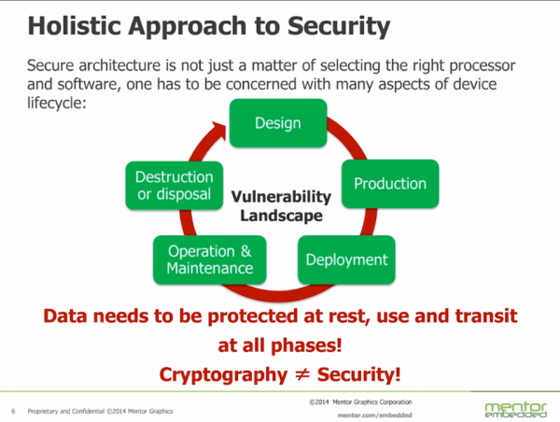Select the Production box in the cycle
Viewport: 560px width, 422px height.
pos(389,184)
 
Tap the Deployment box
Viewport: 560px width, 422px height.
pos(345,260)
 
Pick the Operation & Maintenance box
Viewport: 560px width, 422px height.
pos(210,260)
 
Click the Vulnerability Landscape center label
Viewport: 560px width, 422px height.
pos(281,206)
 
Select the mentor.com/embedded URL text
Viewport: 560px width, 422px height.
pos(373,414)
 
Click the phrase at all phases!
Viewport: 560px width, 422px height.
pos(280,345)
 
